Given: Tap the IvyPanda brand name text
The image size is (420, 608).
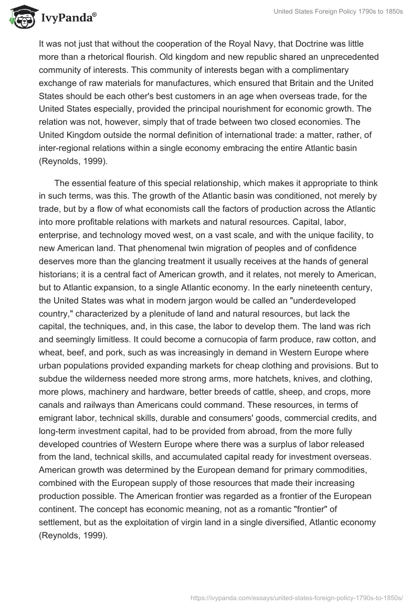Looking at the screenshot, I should [68, 18].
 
